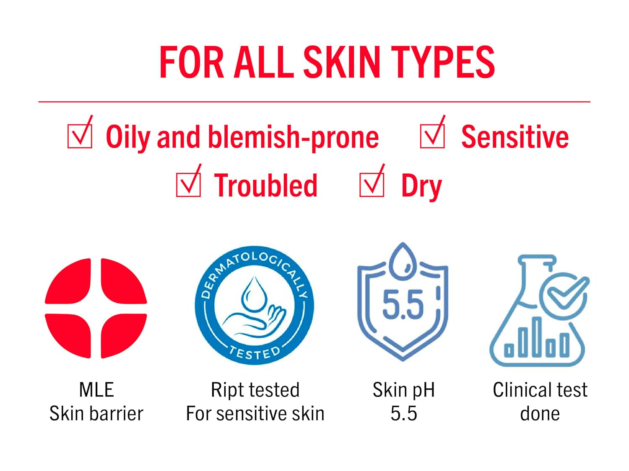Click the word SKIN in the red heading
coord(342,62)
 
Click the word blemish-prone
coord(293,138)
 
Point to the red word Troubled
coord(265,185)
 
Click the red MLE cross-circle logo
coord(96,308)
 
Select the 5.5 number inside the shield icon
coord(403,304)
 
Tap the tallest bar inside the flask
coord(536,337)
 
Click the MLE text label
coord(96,389)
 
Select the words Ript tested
coord(255,390)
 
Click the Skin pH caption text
coord(403,390)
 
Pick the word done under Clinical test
coord(540,414)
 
